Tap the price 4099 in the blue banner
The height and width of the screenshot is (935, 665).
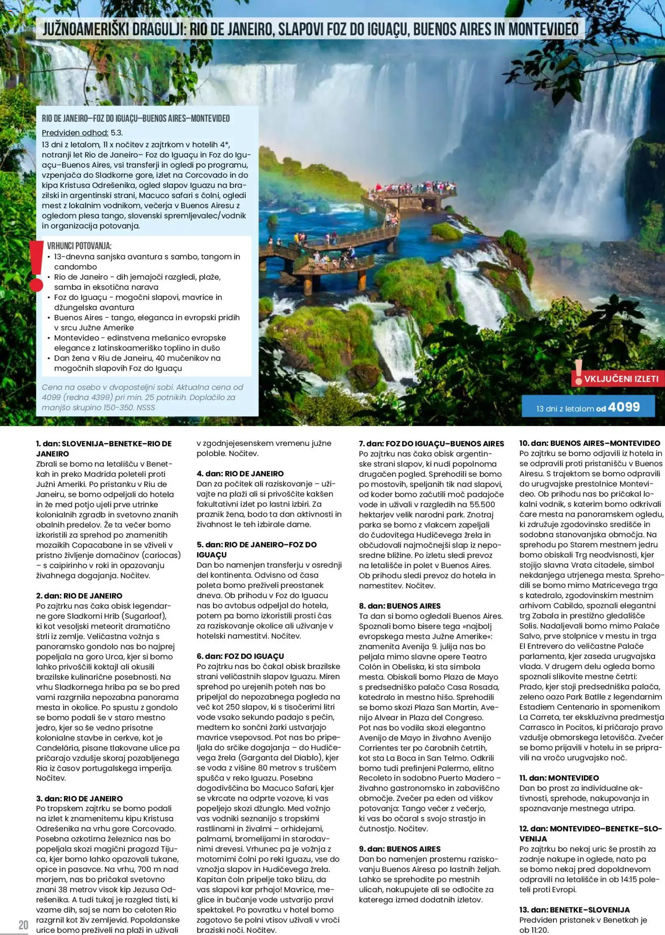tap(624, 407)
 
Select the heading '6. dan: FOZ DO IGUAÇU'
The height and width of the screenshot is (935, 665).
tap(240, 656)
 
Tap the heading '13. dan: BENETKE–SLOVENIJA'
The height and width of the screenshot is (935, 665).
tap(574, 909)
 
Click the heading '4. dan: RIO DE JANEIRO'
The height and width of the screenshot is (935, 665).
tap(240, 473)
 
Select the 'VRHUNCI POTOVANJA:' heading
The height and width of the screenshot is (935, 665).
tap(79, 246)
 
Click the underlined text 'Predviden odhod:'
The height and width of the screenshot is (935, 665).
tap(75, 133)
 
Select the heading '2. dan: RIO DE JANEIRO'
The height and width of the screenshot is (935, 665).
tap(79, 596)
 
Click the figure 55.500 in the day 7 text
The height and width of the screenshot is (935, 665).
tap(476, 504)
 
